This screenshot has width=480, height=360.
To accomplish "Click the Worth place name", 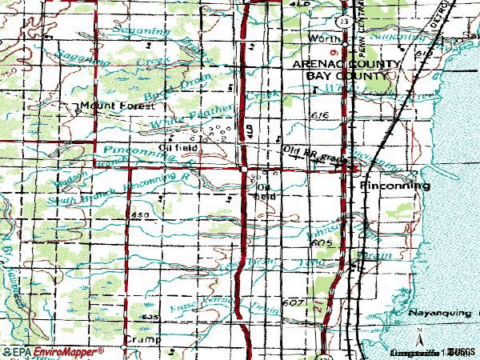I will point(323,38).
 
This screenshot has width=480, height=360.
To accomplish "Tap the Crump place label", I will point(138,339).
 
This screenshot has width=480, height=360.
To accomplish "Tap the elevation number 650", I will point(141,216).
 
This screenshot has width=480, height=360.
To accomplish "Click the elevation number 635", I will point(148,318).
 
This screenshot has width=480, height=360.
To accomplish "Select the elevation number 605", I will point(322,242).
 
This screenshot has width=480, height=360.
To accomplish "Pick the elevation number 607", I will point(294,303).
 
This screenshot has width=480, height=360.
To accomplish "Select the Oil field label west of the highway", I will point(178,147).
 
